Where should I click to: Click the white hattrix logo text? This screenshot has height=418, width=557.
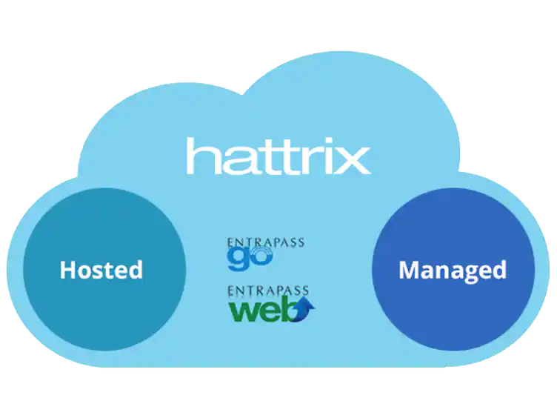(278, 156)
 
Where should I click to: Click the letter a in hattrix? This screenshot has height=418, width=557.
(236, 160)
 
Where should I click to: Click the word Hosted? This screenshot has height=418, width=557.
(101, 269)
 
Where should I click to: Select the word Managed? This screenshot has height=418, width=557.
(452, 270)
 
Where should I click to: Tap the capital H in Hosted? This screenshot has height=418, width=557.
(67, 269)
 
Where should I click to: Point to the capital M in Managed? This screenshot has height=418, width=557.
(410, 270)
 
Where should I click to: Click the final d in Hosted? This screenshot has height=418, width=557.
(135, 269)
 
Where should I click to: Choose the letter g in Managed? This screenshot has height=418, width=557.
(470, 273)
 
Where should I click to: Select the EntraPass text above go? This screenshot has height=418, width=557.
(266, 242)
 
